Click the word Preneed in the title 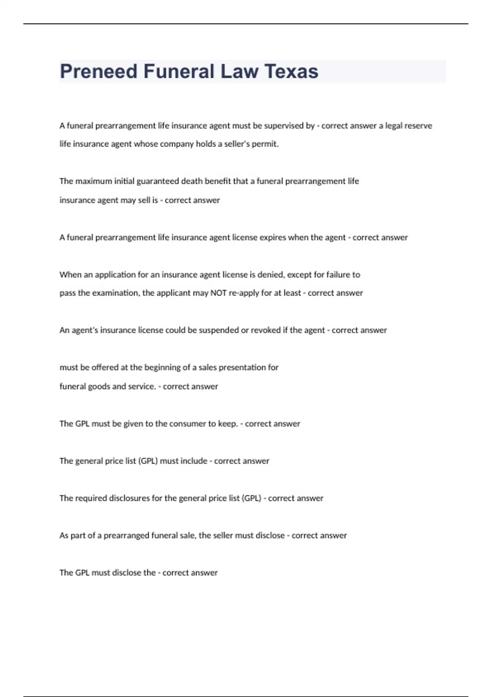(98, 71)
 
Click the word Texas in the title (292, 71)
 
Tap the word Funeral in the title (179, 71)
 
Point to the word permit (268, 144)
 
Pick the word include (194, 461)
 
